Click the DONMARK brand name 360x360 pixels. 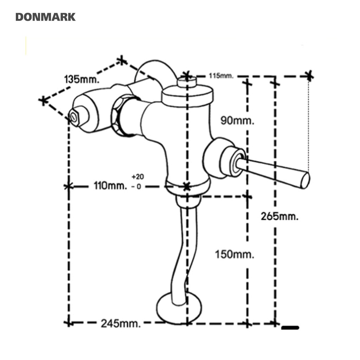45,17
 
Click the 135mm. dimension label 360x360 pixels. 82,79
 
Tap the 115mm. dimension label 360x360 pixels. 221,76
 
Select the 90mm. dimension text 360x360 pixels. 237,120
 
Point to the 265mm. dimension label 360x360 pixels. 279,216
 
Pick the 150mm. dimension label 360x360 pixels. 234,255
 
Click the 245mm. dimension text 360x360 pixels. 121,323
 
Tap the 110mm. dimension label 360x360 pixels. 110,186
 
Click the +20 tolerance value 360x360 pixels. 138,176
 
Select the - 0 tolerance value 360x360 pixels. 136,187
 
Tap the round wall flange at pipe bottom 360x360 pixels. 179,308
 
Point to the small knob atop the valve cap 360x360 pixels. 187,82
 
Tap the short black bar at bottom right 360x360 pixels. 290,328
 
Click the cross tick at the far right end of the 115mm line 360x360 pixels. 309,76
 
